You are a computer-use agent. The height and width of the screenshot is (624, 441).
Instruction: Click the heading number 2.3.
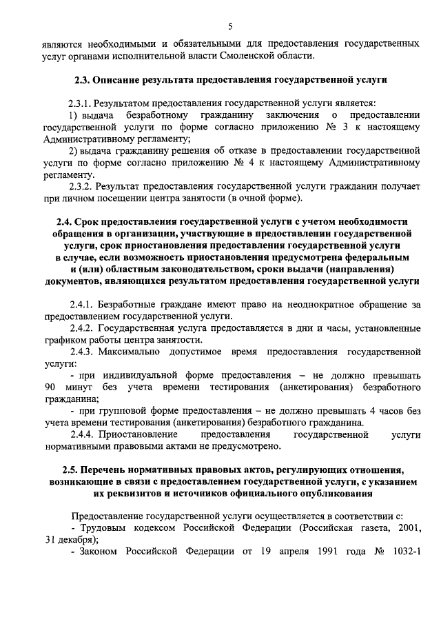pyautogui.click(x=83, y=80)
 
